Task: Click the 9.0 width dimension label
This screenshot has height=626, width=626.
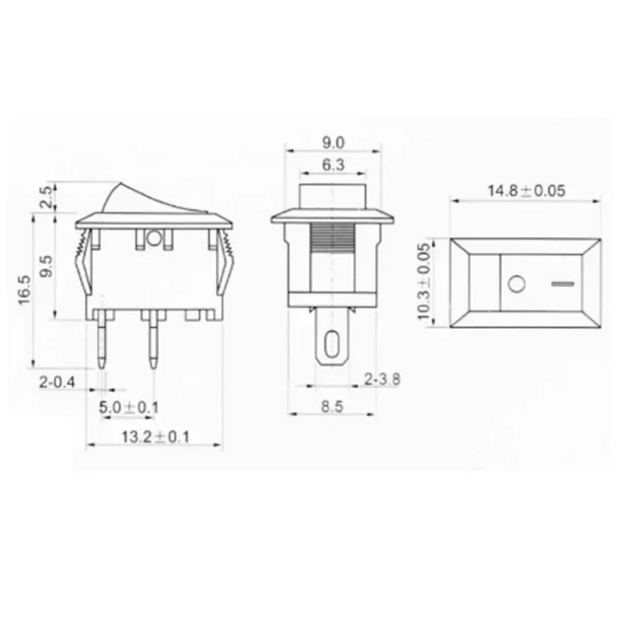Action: (333, 142)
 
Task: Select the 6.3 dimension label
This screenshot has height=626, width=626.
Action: (333, 165)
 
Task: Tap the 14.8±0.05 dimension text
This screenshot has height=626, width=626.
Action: (527, 190)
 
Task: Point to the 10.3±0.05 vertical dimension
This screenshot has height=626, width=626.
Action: (424, 282)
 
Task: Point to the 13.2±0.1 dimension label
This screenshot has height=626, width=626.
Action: (156, 437)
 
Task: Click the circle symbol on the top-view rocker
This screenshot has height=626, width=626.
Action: (514, 284)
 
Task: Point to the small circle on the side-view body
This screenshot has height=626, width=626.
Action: (154, 238)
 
